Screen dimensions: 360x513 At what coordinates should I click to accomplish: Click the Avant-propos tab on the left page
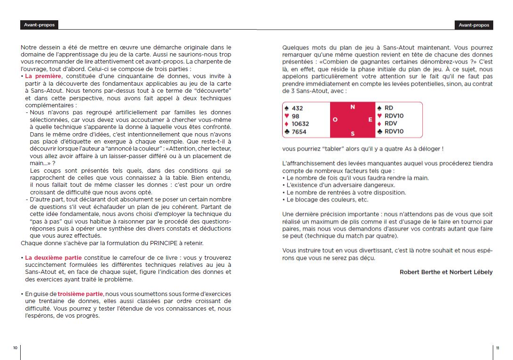(39, 25)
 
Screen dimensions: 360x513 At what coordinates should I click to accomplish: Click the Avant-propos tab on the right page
(474, 25)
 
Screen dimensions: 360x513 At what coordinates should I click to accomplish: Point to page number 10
(15, 348)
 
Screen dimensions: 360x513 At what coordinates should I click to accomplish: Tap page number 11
(498, 348)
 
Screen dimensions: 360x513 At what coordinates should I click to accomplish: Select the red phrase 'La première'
(43, 76)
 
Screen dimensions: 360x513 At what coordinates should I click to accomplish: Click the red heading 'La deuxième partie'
(53, 258)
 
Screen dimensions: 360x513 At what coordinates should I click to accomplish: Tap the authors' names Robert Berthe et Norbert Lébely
(446, 272)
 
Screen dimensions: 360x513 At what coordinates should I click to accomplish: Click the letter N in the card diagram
(353, 107)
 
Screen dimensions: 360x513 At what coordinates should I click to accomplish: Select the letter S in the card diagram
(353, 133)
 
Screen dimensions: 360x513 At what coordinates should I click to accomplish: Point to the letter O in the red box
(335, 120)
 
